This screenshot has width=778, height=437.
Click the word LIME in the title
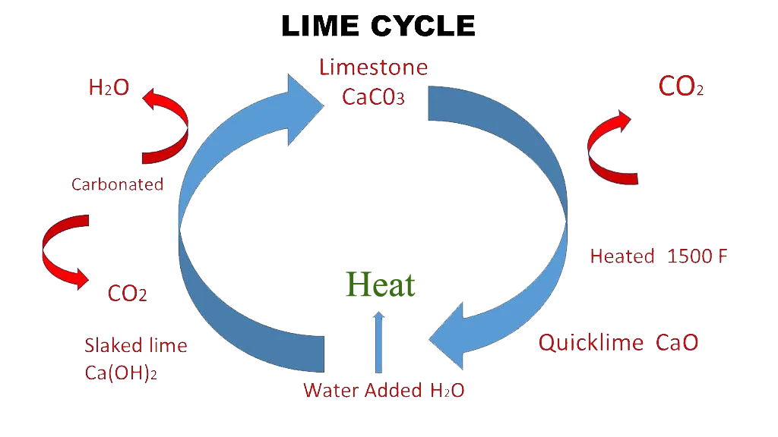click(x=321, y=27)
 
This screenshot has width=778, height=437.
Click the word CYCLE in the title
click(x=423, y=27)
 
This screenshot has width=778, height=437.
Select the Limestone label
click(x=373, y=68)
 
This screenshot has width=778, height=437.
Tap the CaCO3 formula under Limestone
click(x=373, y=98)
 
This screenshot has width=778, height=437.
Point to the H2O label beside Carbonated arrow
click(x=109, y=88)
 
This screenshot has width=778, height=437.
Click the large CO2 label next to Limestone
click(x=681, y=87)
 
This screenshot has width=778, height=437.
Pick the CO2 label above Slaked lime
click(x=127, y=294)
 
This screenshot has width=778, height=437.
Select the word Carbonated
click(x=117, y=184)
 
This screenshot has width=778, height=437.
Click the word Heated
click(x=621, y=256)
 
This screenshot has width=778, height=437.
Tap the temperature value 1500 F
click(x=697, y=256)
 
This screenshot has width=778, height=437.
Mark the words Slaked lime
click(x=135, y=346)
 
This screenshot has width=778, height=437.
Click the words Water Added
click(x=363, y=391)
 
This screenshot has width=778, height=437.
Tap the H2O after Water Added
click(x=447, y=391)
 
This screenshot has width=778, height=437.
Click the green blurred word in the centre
click(x=380, y=283)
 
